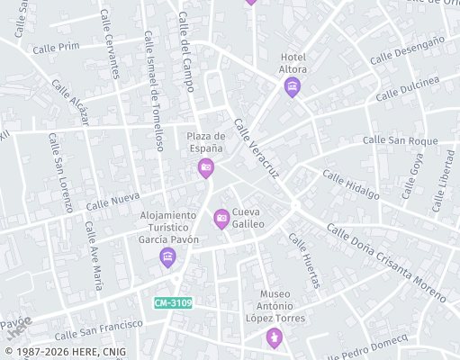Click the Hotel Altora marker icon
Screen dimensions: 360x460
pyautogui.click(x=292, y=87)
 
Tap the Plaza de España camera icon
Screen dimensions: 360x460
pyautogui.click(x=206, y=168)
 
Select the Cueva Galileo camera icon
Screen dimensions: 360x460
pyautogui.click(x=221, y=218)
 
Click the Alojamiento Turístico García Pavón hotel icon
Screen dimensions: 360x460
pyautogui.click(x=167, y=258)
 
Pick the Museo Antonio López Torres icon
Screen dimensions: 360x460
pyautogui.click(x=274, y=337)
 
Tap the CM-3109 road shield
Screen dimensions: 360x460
pyautogui.click(x=173, y=303)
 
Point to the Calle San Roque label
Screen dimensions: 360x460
pyautogui.click(x=400, y=140)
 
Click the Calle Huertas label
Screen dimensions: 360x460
pyautogui.click(x=303, y=261)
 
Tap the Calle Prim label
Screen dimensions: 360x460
pyautogui.click(x=56, y=47)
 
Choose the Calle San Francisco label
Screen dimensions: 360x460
pyautogui.click(x=99, y=328)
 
